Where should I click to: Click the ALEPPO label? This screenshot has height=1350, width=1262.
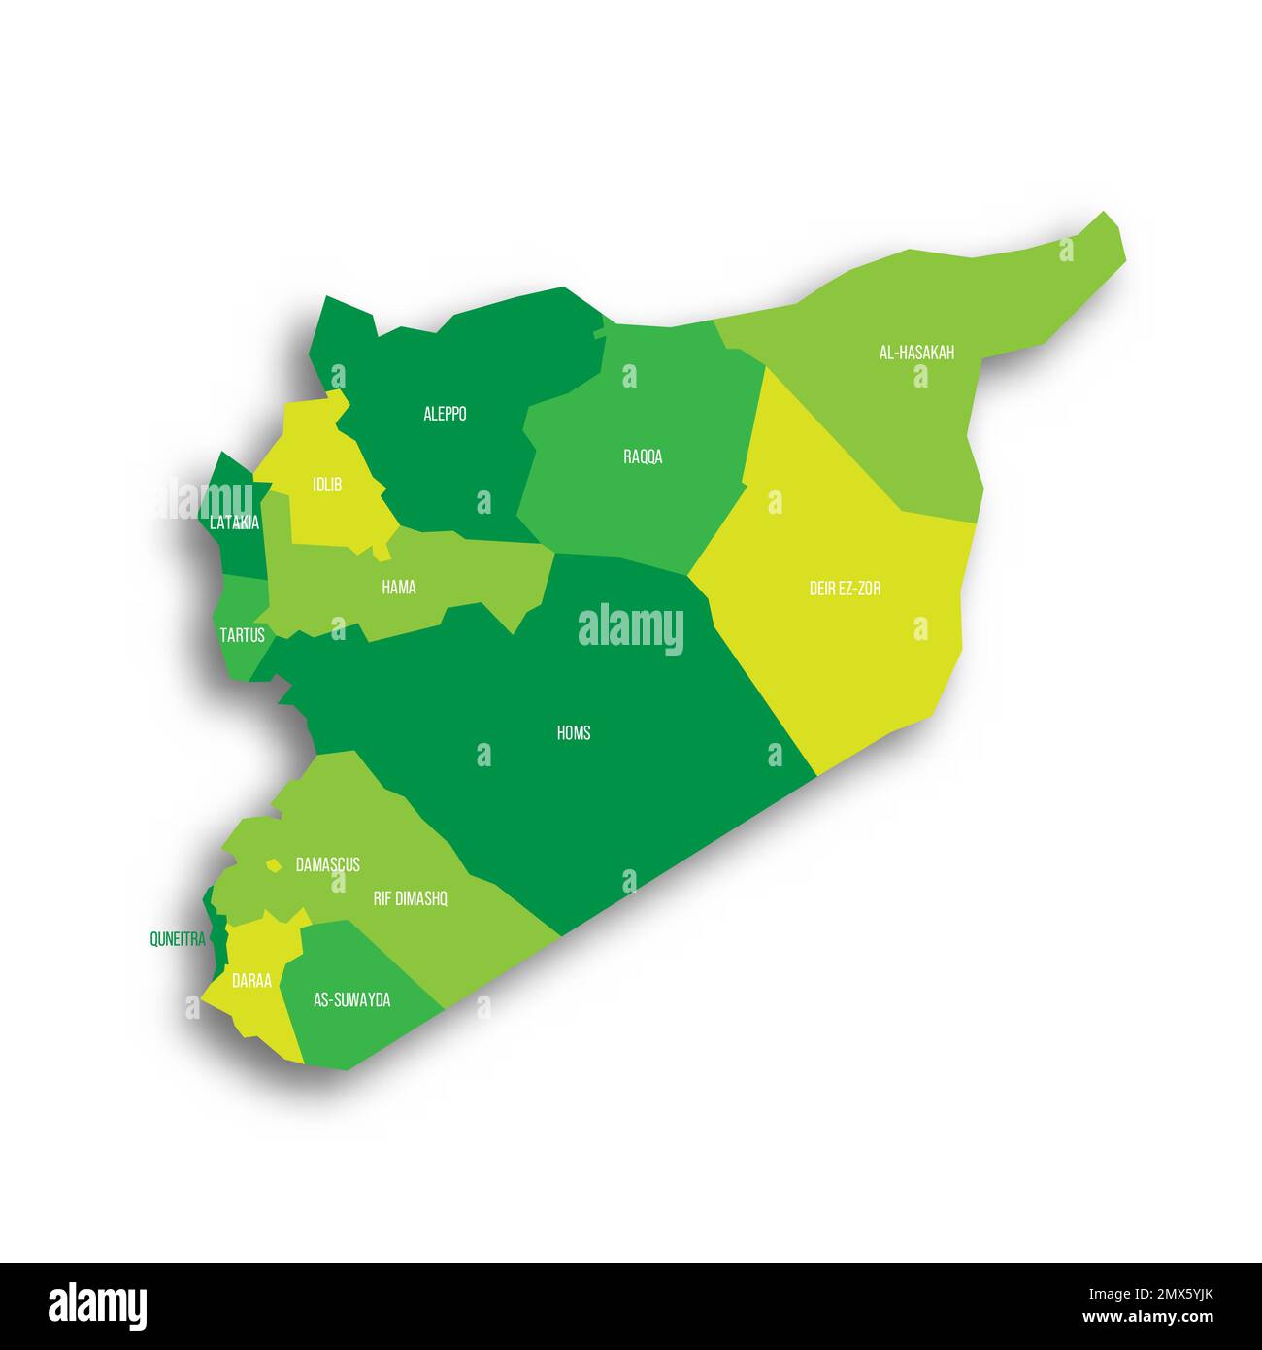click(x=445, y=414)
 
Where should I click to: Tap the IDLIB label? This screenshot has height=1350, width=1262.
click(x=326, y=484)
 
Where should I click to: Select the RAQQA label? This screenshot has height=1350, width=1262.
click(x=643, y=456)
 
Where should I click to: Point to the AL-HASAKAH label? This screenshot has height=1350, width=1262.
click(x=916, y=353)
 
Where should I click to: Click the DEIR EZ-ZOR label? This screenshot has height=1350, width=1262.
click(x=845, y=588)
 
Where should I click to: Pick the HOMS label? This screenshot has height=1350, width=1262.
click(x=574, y=732)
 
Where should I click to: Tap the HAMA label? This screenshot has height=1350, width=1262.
click(x=399, y=587)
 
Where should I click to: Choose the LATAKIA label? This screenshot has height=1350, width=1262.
click(x=234, y=523)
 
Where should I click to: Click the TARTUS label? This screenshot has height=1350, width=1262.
click(x=242, y=635)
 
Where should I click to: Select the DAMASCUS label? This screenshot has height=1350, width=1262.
click(x=327, y=863)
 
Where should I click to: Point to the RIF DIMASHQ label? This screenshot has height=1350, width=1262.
click(x=410, y=898)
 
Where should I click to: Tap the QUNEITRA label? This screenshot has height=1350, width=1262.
click(x=177, y=939)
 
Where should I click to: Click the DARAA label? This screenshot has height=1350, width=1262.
click(x=251, y=981)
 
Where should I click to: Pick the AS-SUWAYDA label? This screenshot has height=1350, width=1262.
click(x=351, y=999)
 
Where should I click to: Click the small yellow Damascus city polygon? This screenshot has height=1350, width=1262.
click(x=275, y=864)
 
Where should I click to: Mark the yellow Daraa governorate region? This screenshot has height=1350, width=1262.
click(x=254, y=1010)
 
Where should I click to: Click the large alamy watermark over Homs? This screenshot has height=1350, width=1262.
click(x=631, y=629)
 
